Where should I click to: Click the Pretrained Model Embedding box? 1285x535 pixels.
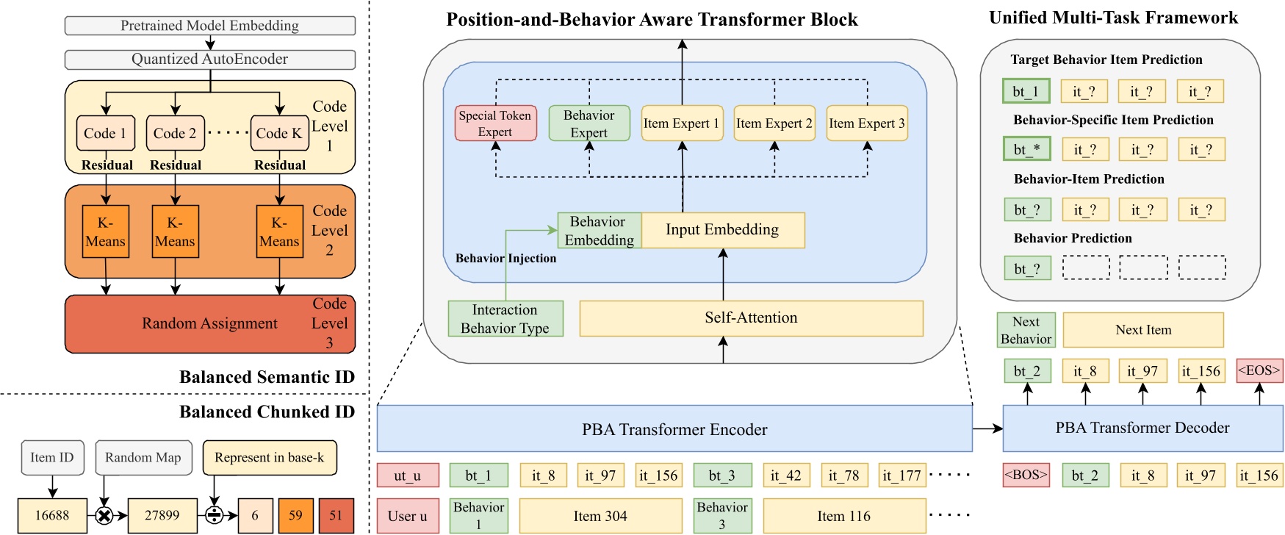[209, 26]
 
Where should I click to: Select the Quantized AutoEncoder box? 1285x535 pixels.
[209, 60]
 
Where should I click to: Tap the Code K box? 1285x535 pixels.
[278, 133]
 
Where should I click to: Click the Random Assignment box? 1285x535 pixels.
[209, 324]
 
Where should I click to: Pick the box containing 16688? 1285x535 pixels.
[51, 515]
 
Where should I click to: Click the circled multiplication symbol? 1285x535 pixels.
[104, 516]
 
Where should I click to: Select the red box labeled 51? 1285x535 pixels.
[336, 515]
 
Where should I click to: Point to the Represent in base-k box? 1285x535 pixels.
[269, 458]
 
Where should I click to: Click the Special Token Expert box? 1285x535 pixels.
[494, 123]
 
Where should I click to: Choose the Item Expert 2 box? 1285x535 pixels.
[774, 123]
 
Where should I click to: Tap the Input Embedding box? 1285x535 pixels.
[722, 230]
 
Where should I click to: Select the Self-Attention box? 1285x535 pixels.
[751, 318]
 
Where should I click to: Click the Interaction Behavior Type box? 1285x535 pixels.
[505, 319]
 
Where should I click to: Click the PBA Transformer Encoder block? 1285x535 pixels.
[674, 429]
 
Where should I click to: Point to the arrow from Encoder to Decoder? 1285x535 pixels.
[987, 428]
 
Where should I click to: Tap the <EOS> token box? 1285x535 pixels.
[1259, 371]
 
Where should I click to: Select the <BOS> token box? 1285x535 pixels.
[1025, 475]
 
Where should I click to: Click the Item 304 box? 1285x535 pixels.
[600, 516]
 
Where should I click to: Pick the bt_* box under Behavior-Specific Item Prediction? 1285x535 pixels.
[1026, 150]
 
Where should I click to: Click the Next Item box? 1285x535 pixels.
[1142, 330]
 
